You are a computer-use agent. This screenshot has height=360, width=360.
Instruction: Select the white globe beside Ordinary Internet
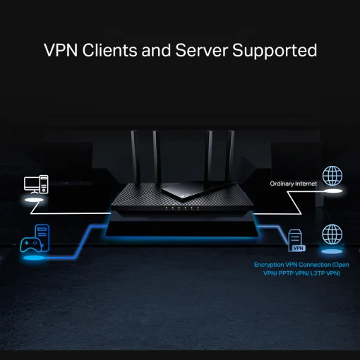(332, 176)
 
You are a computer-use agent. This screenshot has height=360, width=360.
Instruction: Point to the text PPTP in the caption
(285, 272)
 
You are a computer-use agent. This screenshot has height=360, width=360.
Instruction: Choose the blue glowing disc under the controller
(34, 256)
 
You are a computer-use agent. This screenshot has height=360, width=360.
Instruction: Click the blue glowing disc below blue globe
(332, 251)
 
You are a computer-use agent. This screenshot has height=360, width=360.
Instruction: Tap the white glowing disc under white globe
(332, 191)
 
